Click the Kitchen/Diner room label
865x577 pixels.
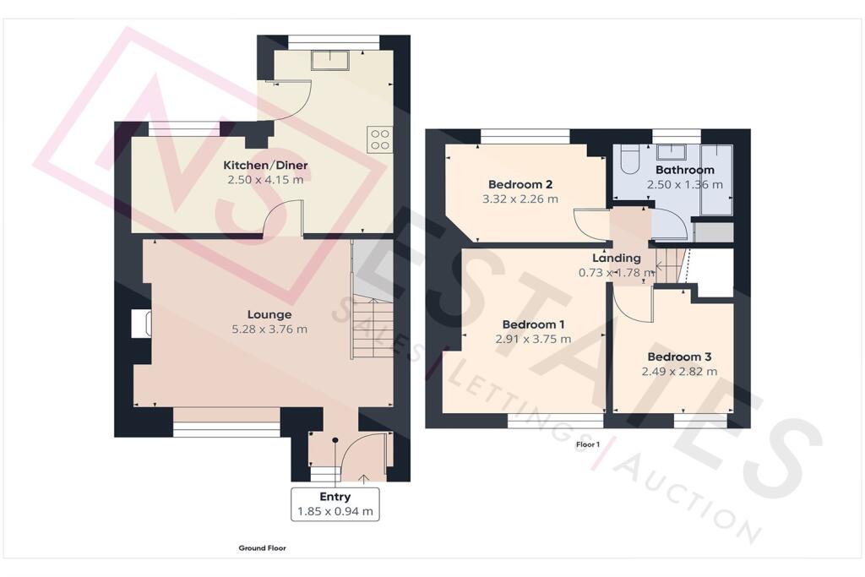(x=263, y=165)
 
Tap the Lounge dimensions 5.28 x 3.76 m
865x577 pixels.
(x=263, y=329)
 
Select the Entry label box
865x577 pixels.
(x=335, y=504)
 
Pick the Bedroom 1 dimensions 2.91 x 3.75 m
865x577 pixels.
(x=533, y=339)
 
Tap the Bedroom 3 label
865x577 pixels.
(x=674, y=357)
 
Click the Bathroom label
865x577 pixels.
(x=685, y=170)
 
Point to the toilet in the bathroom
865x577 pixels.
(x=628, y=159)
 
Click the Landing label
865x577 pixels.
(x=616, y=258)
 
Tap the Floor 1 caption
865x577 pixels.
(x=587, y=444)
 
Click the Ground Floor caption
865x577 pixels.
(x=262, y=548)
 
